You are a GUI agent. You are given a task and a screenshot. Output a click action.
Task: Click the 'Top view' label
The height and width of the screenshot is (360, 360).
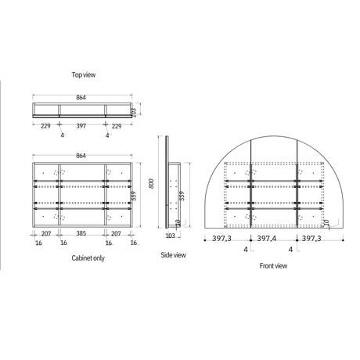(84, 75)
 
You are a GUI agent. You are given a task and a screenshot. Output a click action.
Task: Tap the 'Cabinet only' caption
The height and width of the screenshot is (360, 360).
(88, 258)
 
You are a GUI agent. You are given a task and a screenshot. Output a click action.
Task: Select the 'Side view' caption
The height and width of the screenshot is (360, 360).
(173, 255)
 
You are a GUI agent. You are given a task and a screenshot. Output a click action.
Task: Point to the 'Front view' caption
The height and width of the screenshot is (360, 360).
(273, 266)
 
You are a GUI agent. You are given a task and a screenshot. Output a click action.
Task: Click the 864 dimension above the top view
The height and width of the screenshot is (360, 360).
(81, 97)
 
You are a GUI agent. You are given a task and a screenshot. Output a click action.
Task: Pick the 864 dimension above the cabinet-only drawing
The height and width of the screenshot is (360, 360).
(81, 156)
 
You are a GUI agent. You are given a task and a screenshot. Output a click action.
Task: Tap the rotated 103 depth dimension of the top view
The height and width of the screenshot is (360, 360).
(133, 113)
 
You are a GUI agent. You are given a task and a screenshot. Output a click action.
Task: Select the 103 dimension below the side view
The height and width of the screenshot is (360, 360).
(170, 236)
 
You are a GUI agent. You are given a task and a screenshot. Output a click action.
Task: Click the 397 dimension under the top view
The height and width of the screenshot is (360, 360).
(81, 126)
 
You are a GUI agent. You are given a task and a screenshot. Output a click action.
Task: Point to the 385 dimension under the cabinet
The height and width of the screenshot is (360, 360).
(81, 233)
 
